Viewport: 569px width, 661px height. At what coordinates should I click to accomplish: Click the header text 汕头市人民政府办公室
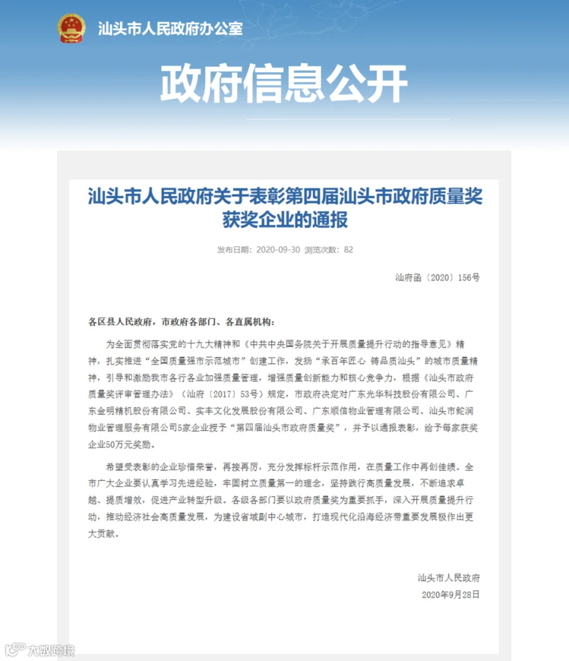170,28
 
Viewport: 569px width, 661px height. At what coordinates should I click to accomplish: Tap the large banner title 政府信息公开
284,83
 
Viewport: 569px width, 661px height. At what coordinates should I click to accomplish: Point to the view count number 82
348,249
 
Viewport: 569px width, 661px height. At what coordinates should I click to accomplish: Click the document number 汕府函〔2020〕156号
437,277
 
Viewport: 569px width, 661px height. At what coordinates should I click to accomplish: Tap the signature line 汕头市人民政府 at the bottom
449,578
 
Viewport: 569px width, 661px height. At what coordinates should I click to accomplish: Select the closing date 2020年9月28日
451,595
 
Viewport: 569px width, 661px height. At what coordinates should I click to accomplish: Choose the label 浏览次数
322,249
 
